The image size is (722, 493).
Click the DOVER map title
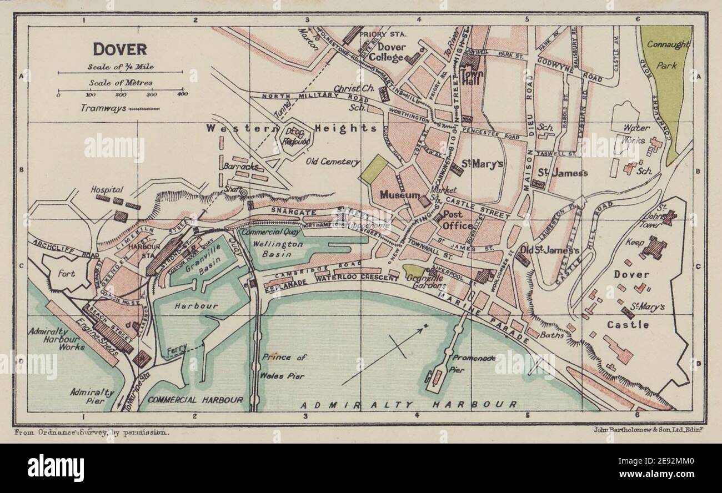119,49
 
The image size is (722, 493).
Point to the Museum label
399,195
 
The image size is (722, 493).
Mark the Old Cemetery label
333,162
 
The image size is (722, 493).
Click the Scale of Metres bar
120,90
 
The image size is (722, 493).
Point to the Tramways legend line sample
144,109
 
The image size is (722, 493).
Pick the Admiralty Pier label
92,396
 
